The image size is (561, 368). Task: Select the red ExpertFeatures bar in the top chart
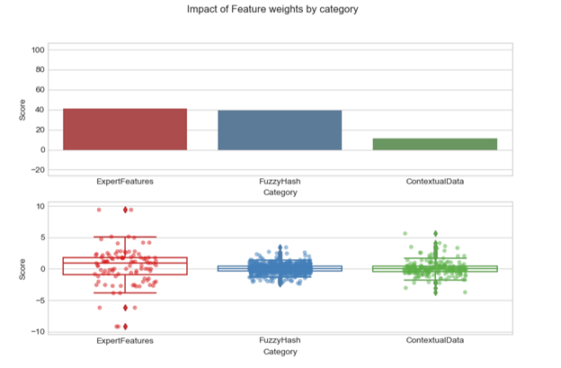[x=125, y=130]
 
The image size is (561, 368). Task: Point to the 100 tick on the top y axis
[x=38, y=50]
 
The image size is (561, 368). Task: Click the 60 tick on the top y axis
[x=40, y=90]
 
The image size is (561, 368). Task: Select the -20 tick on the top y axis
[x=38, y=170]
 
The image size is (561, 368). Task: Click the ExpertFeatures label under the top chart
[x=125, y=182]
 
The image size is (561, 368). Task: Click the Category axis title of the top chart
[x=280, y=192]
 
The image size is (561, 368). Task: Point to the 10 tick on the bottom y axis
[x=40, y=206]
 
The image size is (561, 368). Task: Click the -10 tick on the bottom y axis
[x=39, y=332]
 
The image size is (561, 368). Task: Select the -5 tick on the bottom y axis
[x=40, y=301]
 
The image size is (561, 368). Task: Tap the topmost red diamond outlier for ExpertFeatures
[x=125, y=210]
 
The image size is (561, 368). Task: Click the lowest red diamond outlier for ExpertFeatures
[x=125, y=327]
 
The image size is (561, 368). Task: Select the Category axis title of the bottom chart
[x=280, y=351]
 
